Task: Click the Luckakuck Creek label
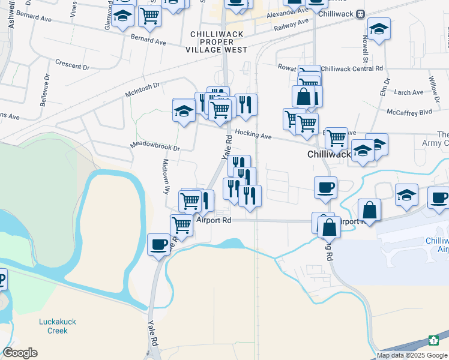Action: (57, 326)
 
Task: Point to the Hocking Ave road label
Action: (253, 135)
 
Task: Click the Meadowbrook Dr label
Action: (155, 146)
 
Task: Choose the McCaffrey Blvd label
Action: (409, 112)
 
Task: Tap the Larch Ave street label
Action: (409, 92)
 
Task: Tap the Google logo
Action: (20, 353)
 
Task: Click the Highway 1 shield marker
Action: (433, 341)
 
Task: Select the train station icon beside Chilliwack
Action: (360, 14)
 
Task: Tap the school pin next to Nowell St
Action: (379, 29)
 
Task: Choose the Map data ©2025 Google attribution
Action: (412, 355)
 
